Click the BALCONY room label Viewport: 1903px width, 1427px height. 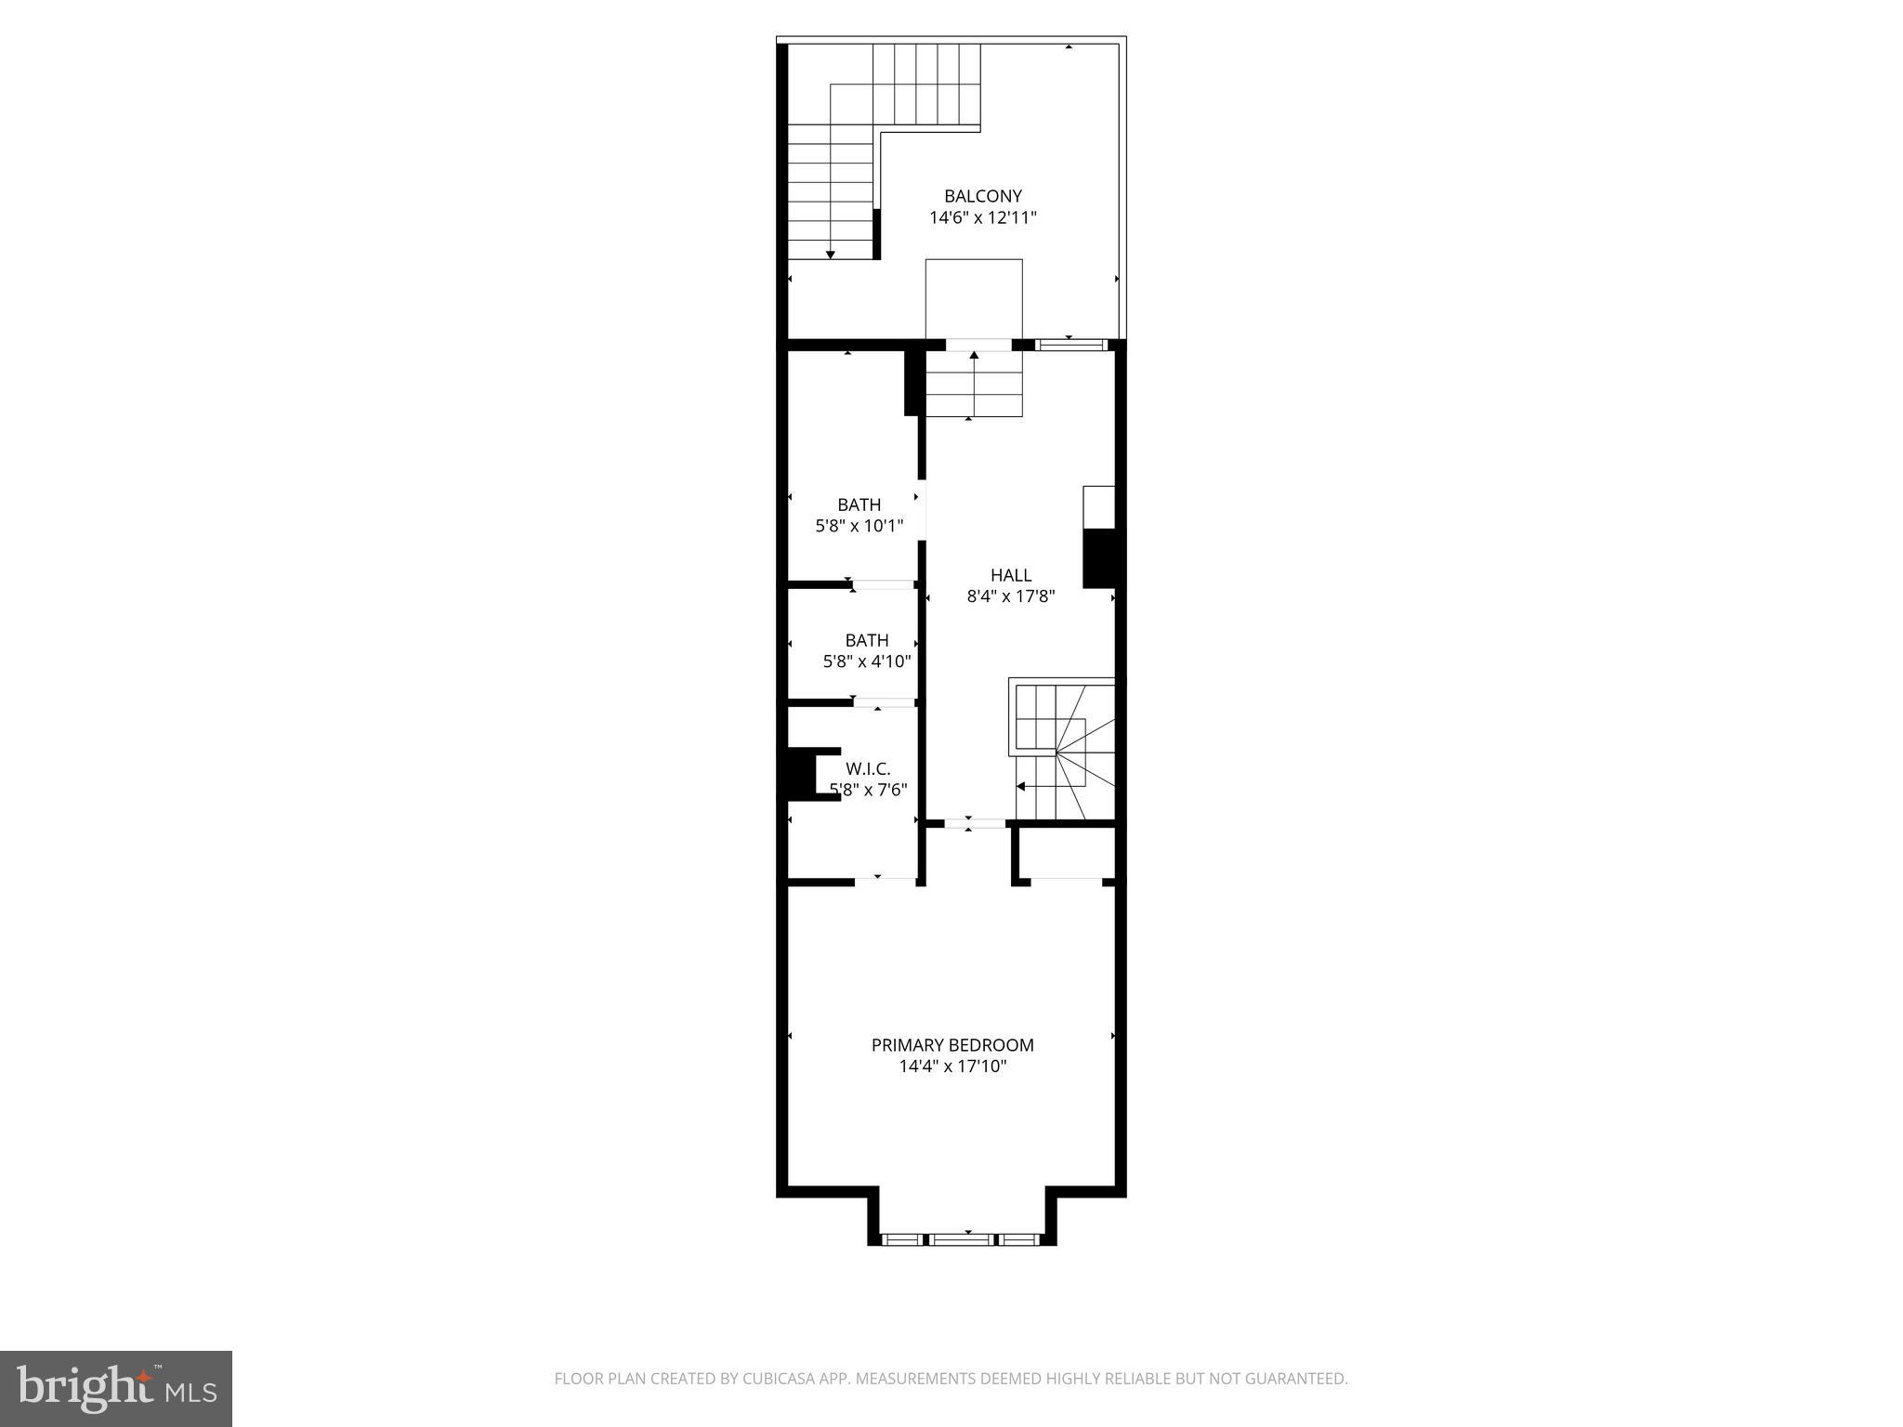[982, 196]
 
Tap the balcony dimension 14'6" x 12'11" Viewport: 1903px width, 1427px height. [982, 218]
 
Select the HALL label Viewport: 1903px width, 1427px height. [1010, 575]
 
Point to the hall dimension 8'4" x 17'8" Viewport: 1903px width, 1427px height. [1010, 597]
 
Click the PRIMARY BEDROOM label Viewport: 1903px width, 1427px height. [951, 1045]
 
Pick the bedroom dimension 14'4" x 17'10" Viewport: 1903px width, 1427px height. [951, 1067]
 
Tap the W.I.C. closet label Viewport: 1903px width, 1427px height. [867, 769]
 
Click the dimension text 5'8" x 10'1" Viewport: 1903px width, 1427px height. [859, 527]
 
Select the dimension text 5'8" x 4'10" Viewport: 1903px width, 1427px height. [866, 662]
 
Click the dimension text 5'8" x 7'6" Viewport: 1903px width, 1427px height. [868, 791]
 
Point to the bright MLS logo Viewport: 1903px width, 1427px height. [115, 1389]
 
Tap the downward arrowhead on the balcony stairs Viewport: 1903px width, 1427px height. [831, 255]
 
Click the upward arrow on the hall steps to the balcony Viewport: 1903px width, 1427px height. [974, 355]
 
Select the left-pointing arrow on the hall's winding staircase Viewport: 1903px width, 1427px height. [1021, 786]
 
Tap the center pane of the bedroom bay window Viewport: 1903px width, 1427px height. [962, 1238]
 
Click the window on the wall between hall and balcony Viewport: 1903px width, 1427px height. [1071, 345]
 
